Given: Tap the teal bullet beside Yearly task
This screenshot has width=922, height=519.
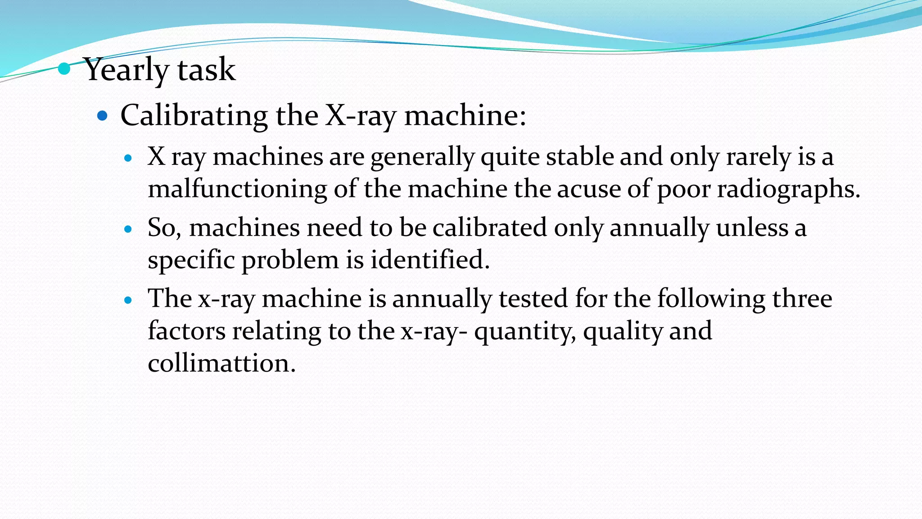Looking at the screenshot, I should point(64,69).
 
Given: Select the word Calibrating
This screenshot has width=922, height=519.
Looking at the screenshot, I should point(194,116).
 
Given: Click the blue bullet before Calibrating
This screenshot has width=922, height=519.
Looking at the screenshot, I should point(103,116).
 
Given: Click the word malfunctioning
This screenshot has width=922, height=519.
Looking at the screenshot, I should point(237,189).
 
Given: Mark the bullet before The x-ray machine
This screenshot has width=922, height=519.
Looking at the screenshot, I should point(128,300).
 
